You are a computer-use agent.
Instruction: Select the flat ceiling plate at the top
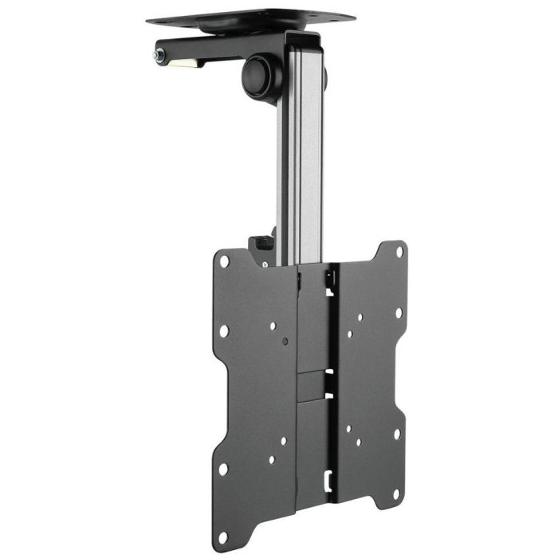point(250,17)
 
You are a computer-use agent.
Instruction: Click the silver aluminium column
point(301,159)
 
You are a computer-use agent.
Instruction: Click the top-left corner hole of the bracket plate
point(225,261)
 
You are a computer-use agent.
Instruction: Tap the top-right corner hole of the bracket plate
point(399,252)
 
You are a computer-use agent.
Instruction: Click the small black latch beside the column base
point(260,242)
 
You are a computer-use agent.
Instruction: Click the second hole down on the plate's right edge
point(399,312)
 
